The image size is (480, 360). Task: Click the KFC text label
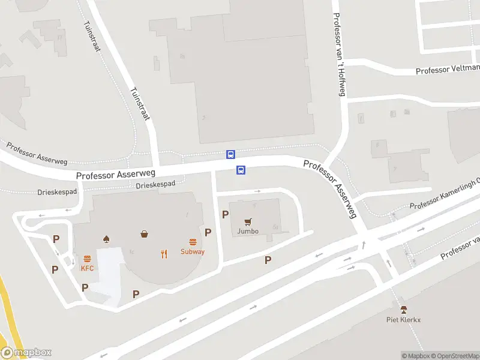pos(88,268)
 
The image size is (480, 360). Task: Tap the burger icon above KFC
pos(88,259)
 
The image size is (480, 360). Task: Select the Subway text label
pos(193,251)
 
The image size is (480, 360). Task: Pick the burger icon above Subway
pos(193,242)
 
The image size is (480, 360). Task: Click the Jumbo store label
pos(247,231)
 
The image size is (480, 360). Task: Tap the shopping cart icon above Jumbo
pos(247,221)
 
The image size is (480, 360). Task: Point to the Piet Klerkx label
pos(403,320)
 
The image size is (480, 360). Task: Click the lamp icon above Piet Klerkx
pos(404,310)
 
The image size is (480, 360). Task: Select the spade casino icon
pos(107,238)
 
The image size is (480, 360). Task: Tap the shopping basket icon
pos(145,233)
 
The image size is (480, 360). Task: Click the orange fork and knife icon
pos(164,254)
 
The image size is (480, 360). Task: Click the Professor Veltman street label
pos(448,70)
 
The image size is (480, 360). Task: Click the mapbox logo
pos(26,353)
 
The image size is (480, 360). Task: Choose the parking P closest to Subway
pos(208,232)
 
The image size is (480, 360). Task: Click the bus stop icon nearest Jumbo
pos(241,170)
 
